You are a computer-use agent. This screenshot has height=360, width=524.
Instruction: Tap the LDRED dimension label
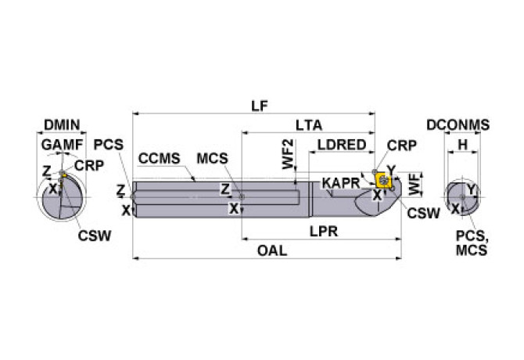[341, 145]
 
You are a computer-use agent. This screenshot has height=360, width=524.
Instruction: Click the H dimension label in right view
[461, 145]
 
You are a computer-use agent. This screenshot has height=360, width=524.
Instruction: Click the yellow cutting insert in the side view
[384, 181]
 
